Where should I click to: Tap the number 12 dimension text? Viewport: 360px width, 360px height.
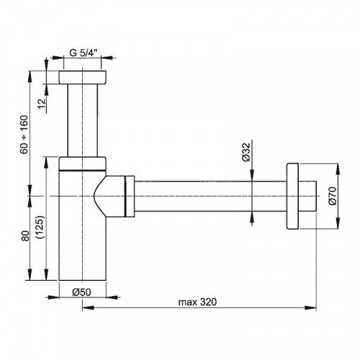point(42,104)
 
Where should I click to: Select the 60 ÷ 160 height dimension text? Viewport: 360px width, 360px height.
point(24,135)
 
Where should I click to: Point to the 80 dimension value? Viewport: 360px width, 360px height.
point(25,235)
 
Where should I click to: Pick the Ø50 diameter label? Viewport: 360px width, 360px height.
point(81,292)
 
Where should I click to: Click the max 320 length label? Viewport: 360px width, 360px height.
point(197,302)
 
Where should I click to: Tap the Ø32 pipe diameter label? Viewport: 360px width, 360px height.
point(246,152)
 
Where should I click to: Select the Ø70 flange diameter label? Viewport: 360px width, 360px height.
point(333,196)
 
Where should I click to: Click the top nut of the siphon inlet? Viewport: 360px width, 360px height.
point(82,78)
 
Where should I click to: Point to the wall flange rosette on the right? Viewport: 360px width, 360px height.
point(292,197)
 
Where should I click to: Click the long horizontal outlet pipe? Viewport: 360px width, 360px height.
point(210,197)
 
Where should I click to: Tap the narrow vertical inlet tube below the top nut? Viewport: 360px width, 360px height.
point(83,120)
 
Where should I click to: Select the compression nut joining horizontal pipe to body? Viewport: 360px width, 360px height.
point(130,197)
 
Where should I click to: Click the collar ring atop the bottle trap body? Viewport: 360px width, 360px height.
point(82,163)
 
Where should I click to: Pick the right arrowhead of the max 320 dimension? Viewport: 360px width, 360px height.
point(310,307)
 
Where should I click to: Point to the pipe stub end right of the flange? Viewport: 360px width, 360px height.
point(307,197)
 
